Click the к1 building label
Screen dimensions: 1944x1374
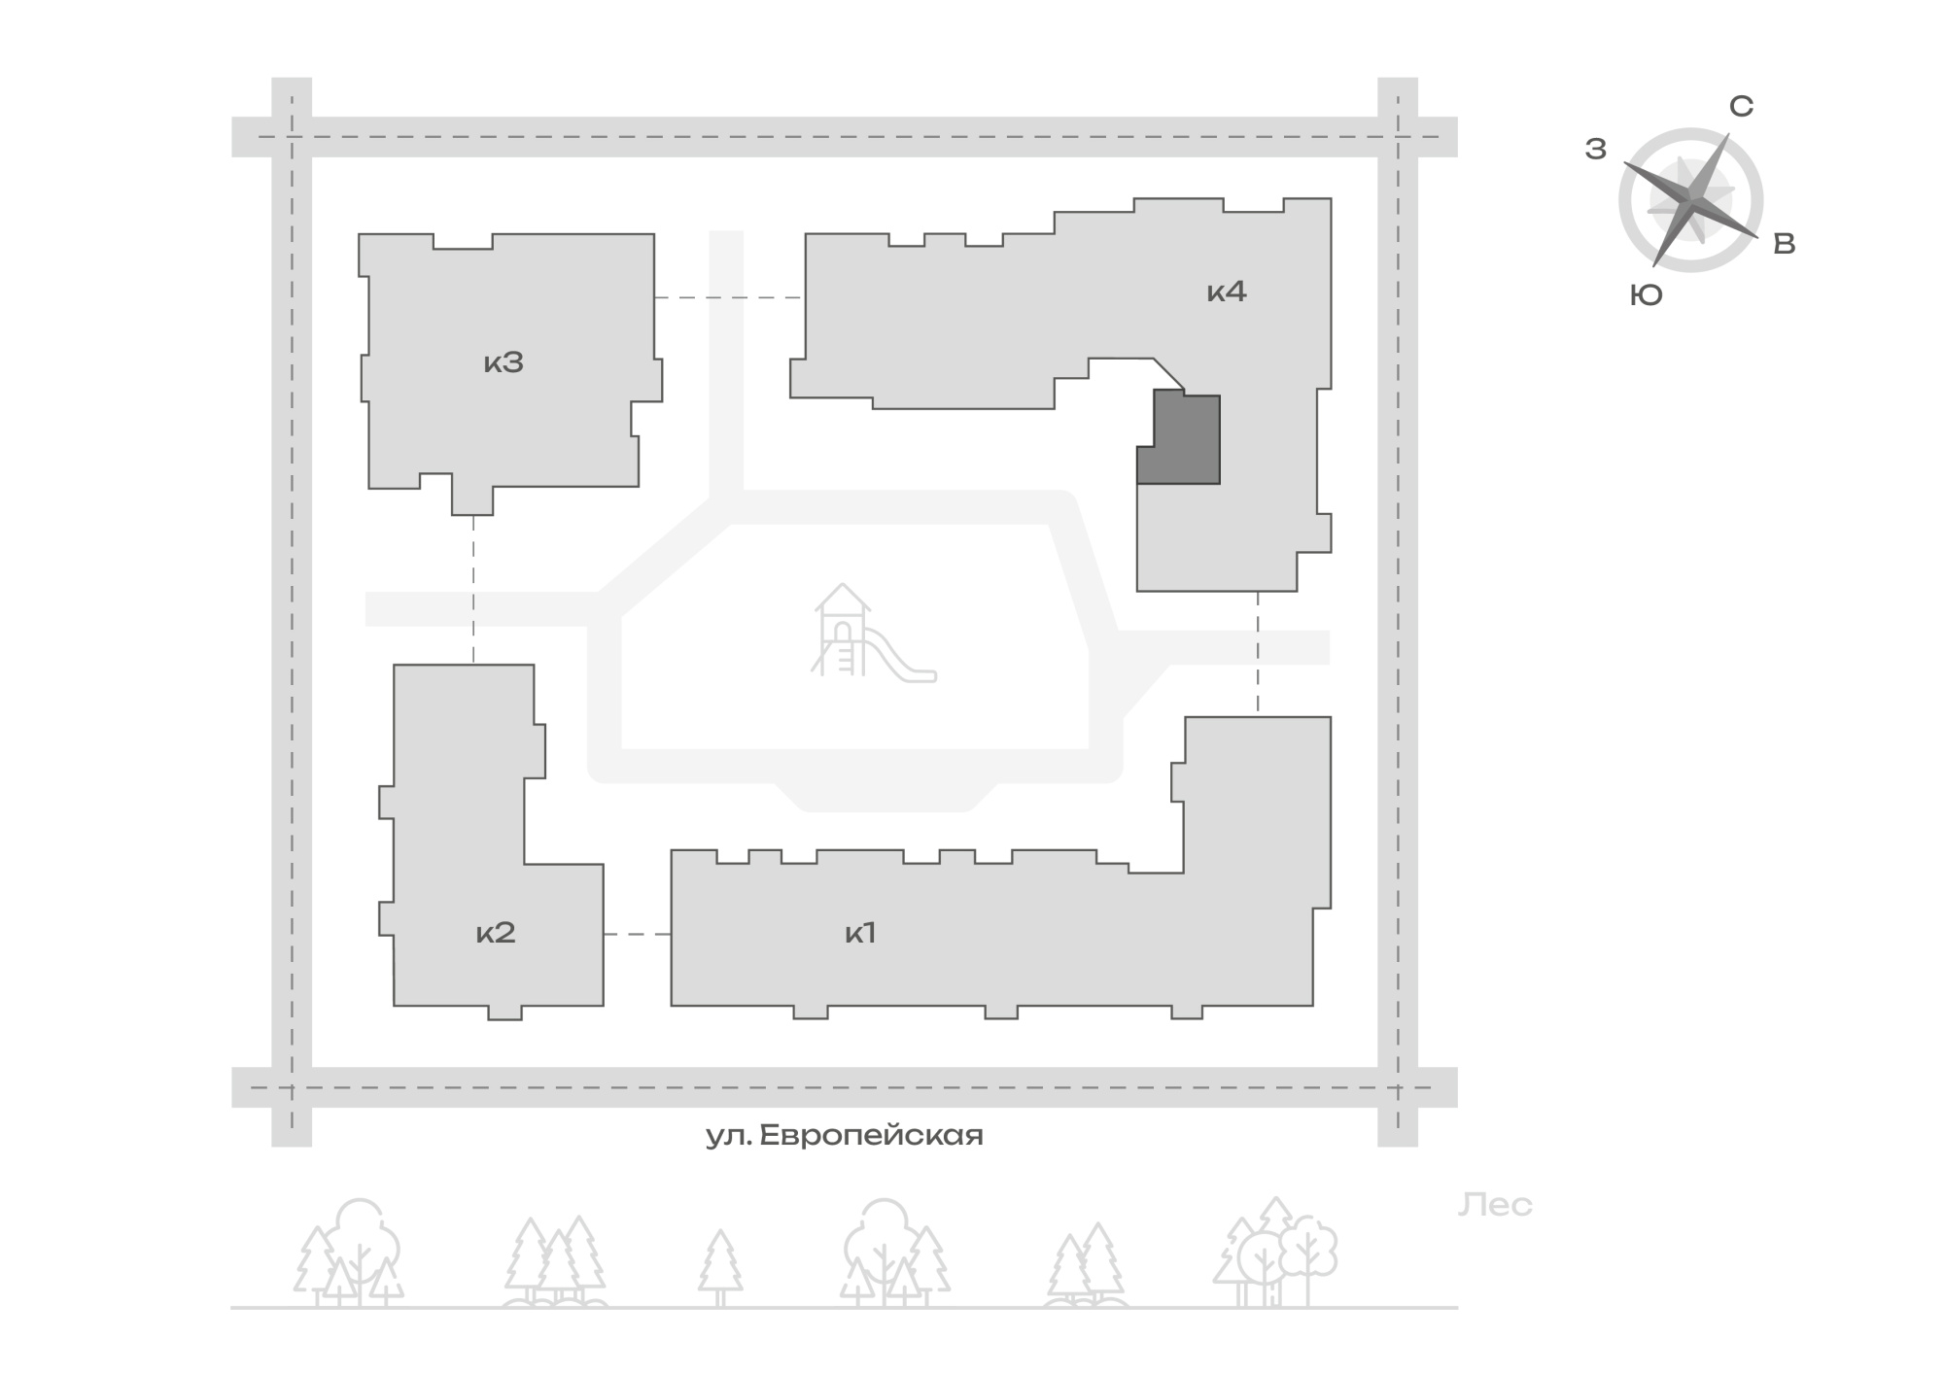coord(860,933)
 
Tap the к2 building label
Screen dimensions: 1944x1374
coord(496,933)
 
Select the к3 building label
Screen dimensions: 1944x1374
coord(503,362)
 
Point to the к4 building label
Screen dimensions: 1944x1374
coord(1227,291)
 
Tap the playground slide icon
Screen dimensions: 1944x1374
coord(873,632)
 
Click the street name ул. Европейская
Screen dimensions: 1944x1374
coord(844,1135)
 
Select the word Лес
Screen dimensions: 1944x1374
coord(1495,1205)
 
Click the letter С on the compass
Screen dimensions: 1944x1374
coord(1741,106)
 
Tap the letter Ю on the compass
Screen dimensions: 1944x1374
coord(1647,295)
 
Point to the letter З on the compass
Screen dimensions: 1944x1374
coord(1596,149)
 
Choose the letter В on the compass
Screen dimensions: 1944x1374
coord(1785,244)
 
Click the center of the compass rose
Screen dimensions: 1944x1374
coord(1691,199)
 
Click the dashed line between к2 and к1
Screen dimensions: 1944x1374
coord(638,934)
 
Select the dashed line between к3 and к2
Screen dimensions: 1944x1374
coord(473,590)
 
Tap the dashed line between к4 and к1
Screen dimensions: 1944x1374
coord(1258,654)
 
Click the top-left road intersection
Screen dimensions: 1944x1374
coord(292,137)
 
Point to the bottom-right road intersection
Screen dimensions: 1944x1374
coord(1398,1087)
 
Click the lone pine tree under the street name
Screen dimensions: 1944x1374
coord(720,1268)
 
